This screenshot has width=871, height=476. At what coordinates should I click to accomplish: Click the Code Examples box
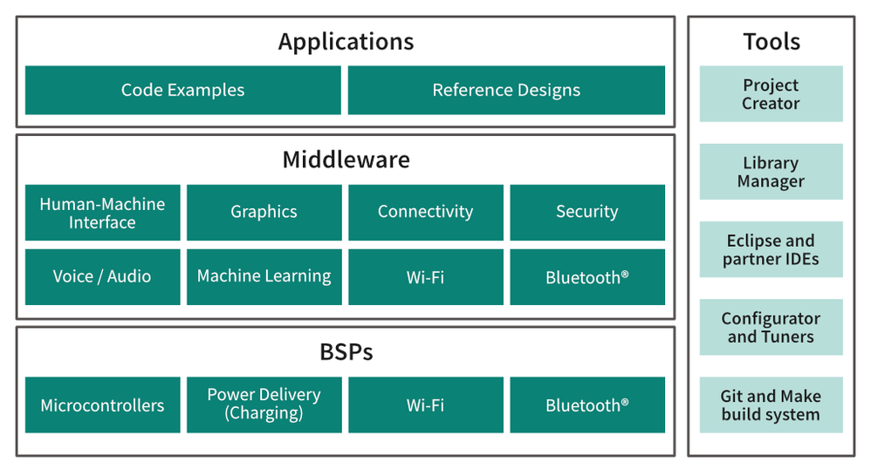point(182,90)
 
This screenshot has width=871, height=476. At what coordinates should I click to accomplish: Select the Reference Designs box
point(506,90)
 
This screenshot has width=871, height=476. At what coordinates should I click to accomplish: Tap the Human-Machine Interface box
point(102,213)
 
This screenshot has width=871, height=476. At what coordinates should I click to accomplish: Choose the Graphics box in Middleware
point(264,212)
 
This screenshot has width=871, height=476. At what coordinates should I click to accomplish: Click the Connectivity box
point(425,212)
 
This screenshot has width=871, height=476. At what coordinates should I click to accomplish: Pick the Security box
point(586,212)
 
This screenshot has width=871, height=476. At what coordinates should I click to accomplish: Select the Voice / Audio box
point(102,276)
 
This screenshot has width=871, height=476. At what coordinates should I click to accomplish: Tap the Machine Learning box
point(264,276)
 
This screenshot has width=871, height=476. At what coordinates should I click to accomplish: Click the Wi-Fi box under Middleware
point(425,277)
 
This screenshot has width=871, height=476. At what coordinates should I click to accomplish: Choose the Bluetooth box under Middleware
point(586,277)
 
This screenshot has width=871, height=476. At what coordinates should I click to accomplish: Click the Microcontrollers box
point(102,405)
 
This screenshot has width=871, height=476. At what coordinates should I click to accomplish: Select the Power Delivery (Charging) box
point(264,405)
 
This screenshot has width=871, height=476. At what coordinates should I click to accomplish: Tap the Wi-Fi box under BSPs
point(425,405)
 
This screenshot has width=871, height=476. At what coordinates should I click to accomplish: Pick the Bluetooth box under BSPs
point(586,405)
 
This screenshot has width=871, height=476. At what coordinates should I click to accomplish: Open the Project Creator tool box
point(771,94)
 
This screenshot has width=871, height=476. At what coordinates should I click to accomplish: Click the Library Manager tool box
point(771,172)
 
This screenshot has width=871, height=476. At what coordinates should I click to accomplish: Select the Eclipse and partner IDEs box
point(771,249)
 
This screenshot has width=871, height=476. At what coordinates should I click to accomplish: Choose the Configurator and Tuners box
point(771,328)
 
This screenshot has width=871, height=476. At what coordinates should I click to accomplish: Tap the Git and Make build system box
point(771,405)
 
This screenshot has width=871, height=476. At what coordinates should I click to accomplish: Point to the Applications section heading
point(346,41)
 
